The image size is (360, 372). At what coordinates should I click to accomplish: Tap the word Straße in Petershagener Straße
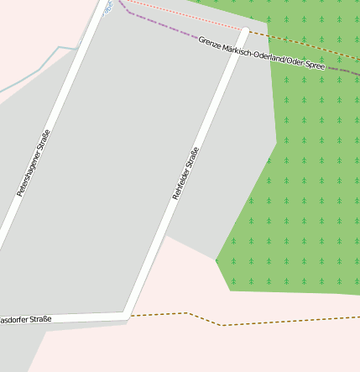44,139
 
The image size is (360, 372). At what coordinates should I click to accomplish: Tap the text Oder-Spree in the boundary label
306,65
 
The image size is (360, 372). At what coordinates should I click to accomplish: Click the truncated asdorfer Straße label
25,320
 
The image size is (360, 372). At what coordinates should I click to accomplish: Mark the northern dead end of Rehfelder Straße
246,30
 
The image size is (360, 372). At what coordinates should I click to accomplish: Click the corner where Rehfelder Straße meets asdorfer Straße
126,316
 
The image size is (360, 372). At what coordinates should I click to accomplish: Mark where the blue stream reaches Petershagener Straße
77,50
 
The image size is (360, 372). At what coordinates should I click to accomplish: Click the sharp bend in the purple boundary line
128,13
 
